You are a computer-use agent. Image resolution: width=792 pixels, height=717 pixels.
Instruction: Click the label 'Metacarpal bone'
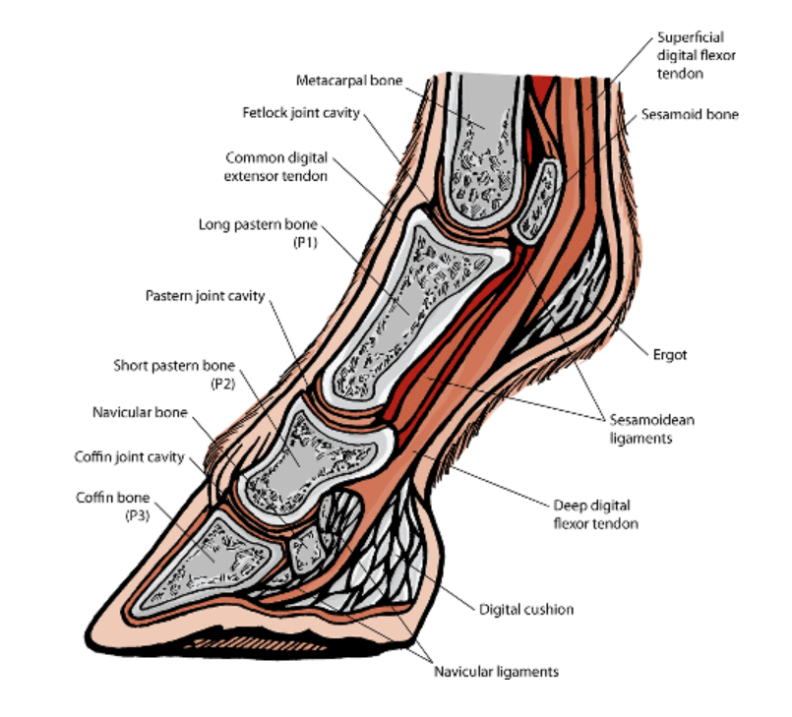point(349,81)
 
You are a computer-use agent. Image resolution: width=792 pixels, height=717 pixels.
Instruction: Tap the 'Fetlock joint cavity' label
point(301,112)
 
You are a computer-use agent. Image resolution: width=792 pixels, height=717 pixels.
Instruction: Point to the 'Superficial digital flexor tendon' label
point(691,54)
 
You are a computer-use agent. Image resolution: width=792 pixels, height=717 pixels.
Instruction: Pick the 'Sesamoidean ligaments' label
point(647,429)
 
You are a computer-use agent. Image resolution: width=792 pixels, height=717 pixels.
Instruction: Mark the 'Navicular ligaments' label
point(497,673)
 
